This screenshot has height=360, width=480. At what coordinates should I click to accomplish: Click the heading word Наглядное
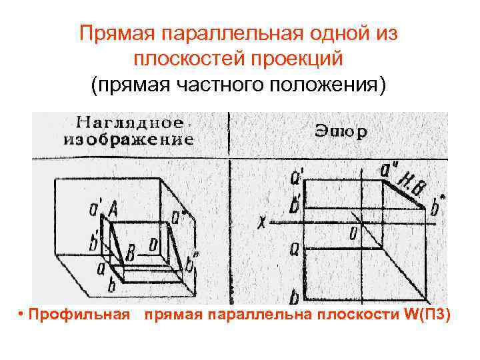[x=130, y=123]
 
